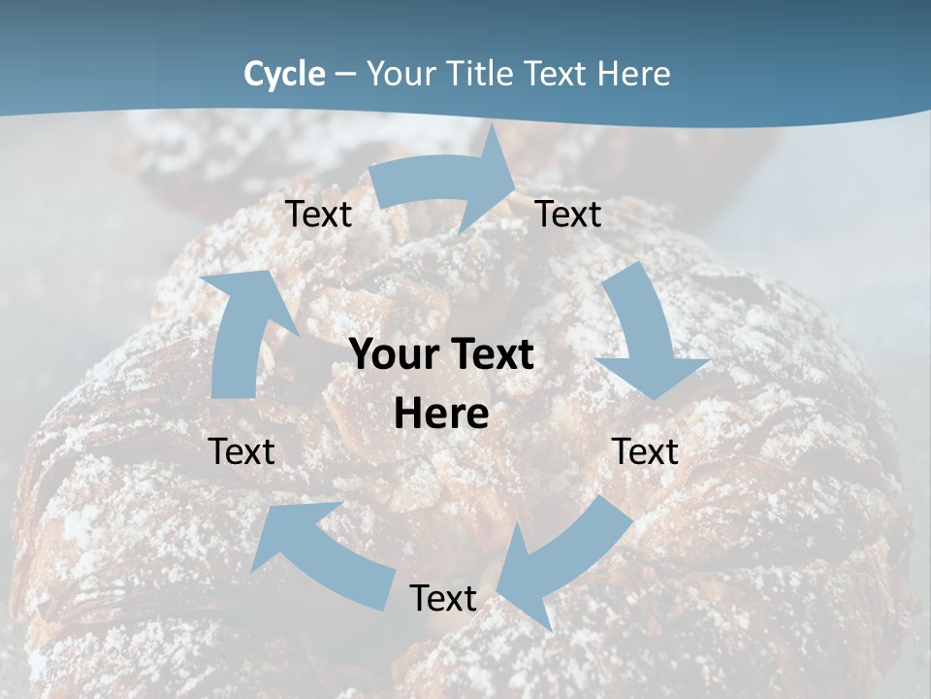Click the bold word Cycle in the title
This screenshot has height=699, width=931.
(x=284, y=74)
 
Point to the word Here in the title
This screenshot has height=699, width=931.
(x=634, y=74)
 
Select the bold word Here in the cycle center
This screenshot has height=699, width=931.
(x=441, y=415)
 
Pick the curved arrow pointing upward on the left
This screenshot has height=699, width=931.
(x=242, y=330)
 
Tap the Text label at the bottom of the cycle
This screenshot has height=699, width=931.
(x=443, y=598)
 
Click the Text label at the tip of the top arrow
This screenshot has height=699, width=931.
(x=568, y=214)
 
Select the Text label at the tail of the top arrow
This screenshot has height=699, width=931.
(x=318, y=214)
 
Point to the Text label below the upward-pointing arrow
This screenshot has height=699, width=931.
(x=241, y=451)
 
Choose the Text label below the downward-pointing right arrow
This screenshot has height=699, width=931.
(x=646, y=451)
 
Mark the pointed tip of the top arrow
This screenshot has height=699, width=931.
(x=513, y=192)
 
